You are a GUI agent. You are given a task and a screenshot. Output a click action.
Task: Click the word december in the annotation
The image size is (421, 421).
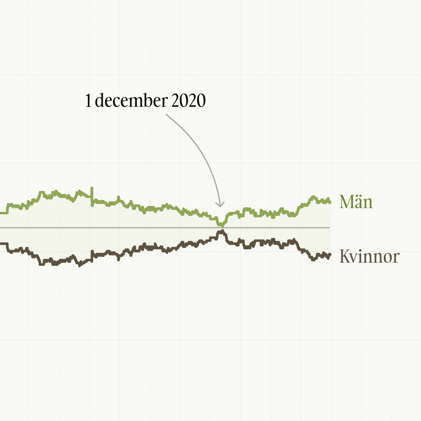[131, 101]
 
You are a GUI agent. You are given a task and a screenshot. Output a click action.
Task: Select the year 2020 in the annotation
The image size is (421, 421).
[188, 101]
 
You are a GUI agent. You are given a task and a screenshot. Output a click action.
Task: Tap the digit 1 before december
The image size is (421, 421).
[88, 101]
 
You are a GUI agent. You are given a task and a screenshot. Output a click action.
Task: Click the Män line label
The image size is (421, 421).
[356, 202]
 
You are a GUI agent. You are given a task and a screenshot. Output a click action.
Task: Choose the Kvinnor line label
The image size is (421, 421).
[369, 257]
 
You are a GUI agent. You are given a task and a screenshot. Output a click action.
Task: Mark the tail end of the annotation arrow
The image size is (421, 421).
[166, 114]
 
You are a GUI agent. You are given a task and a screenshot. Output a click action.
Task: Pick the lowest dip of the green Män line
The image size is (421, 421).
[221, 225]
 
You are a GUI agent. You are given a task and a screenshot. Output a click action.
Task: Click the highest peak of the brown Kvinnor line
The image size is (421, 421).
[221, 230]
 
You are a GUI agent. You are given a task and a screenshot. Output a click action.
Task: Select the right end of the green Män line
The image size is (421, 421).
[330, 202]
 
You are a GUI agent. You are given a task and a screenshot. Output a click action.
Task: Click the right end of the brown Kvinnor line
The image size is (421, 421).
[329, 255]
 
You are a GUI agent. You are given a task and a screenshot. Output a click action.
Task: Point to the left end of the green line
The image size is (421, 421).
[1, 213]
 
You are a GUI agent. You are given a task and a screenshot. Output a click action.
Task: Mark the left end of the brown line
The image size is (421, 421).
[1, 243]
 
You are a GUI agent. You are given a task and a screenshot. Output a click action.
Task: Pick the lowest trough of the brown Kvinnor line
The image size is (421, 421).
[80, 266]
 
